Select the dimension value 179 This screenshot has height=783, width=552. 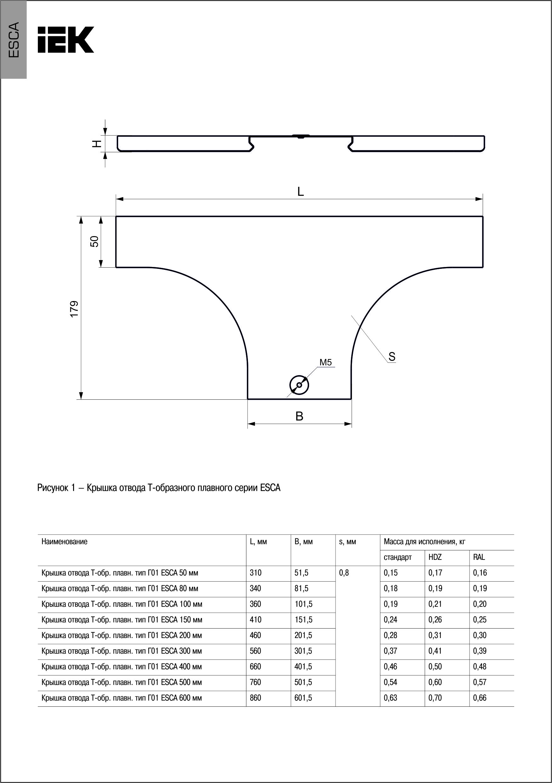(74, 309)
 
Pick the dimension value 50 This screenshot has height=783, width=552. (95, 241)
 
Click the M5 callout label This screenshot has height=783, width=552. (325, 362)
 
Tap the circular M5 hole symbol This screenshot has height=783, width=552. (299, 385)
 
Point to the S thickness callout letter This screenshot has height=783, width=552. (392, 357)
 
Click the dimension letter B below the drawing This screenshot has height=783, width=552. (299, 416)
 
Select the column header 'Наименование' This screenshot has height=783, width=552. (65, 542)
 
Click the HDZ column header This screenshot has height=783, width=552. (435, 557)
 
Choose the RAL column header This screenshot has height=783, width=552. (479, 557)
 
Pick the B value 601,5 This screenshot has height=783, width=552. (303, 698)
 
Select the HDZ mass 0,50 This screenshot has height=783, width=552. (435, 667)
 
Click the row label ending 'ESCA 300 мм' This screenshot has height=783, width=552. (121, 651)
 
